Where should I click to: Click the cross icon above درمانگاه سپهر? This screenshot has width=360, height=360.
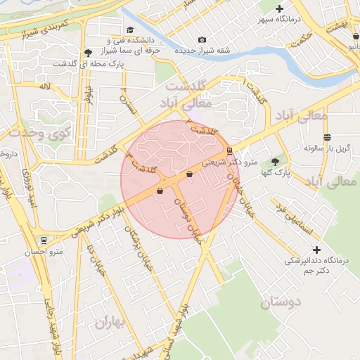279,8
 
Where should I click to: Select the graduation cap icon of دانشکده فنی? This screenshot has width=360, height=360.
130,30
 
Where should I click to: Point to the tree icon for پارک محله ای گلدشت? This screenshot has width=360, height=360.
87,53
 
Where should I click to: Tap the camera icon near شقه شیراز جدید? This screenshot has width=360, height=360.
202,40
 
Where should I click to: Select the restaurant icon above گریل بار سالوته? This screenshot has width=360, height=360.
327,137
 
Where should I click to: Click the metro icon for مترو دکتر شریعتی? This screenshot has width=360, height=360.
229,150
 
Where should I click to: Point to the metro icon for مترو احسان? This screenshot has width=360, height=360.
44,240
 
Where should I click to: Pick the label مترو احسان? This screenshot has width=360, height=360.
44,252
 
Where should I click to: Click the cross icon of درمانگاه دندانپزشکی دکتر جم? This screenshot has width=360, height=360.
316,250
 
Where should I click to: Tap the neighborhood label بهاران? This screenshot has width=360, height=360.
110,323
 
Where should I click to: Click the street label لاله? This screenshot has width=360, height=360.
46,86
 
